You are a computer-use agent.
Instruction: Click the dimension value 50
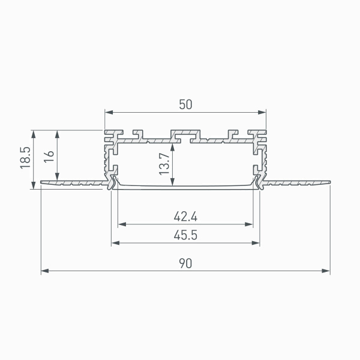[x=185, y=104]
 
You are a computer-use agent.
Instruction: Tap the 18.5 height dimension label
[x=25, y=158]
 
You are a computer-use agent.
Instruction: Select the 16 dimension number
[x=49, y=157]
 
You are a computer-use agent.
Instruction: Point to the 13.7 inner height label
[x=164, y=164]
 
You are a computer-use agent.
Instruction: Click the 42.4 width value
[x=185, y=217]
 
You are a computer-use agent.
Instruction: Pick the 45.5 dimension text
[x=185, y=235]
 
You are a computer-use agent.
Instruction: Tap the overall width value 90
[x=185, y=263]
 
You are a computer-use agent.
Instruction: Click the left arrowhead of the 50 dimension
[x=109, y=112]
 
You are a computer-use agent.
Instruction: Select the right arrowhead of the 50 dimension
[x=262, y=112]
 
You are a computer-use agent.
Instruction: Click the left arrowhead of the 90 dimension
[x=45, y=271]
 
